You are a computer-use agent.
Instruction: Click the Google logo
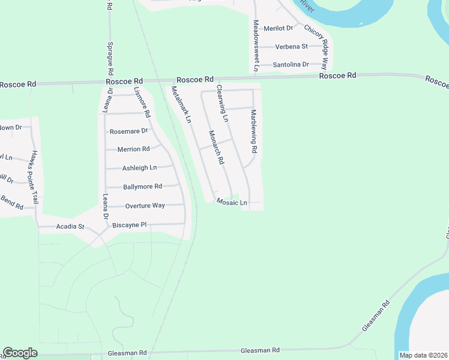20,352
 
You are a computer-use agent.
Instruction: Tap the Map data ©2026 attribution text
424,355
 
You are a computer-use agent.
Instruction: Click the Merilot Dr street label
278,28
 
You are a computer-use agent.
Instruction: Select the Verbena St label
291,46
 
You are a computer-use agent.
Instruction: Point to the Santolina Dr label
291,64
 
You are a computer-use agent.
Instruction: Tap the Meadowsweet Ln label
256,46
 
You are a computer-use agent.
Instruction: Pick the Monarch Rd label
216,148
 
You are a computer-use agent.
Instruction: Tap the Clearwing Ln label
222,103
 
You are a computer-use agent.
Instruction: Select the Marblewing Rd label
254,131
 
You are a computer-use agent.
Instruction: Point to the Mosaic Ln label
232,203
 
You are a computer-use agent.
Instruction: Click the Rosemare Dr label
128,131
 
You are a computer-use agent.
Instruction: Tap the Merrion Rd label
133,149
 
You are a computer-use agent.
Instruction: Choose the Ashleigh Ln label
139,168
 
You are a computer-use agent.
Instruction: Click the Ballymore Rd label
142,187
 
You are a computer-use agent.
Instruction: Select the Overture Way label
145,206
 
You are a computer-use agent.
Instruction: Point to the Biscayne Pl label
130,225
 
